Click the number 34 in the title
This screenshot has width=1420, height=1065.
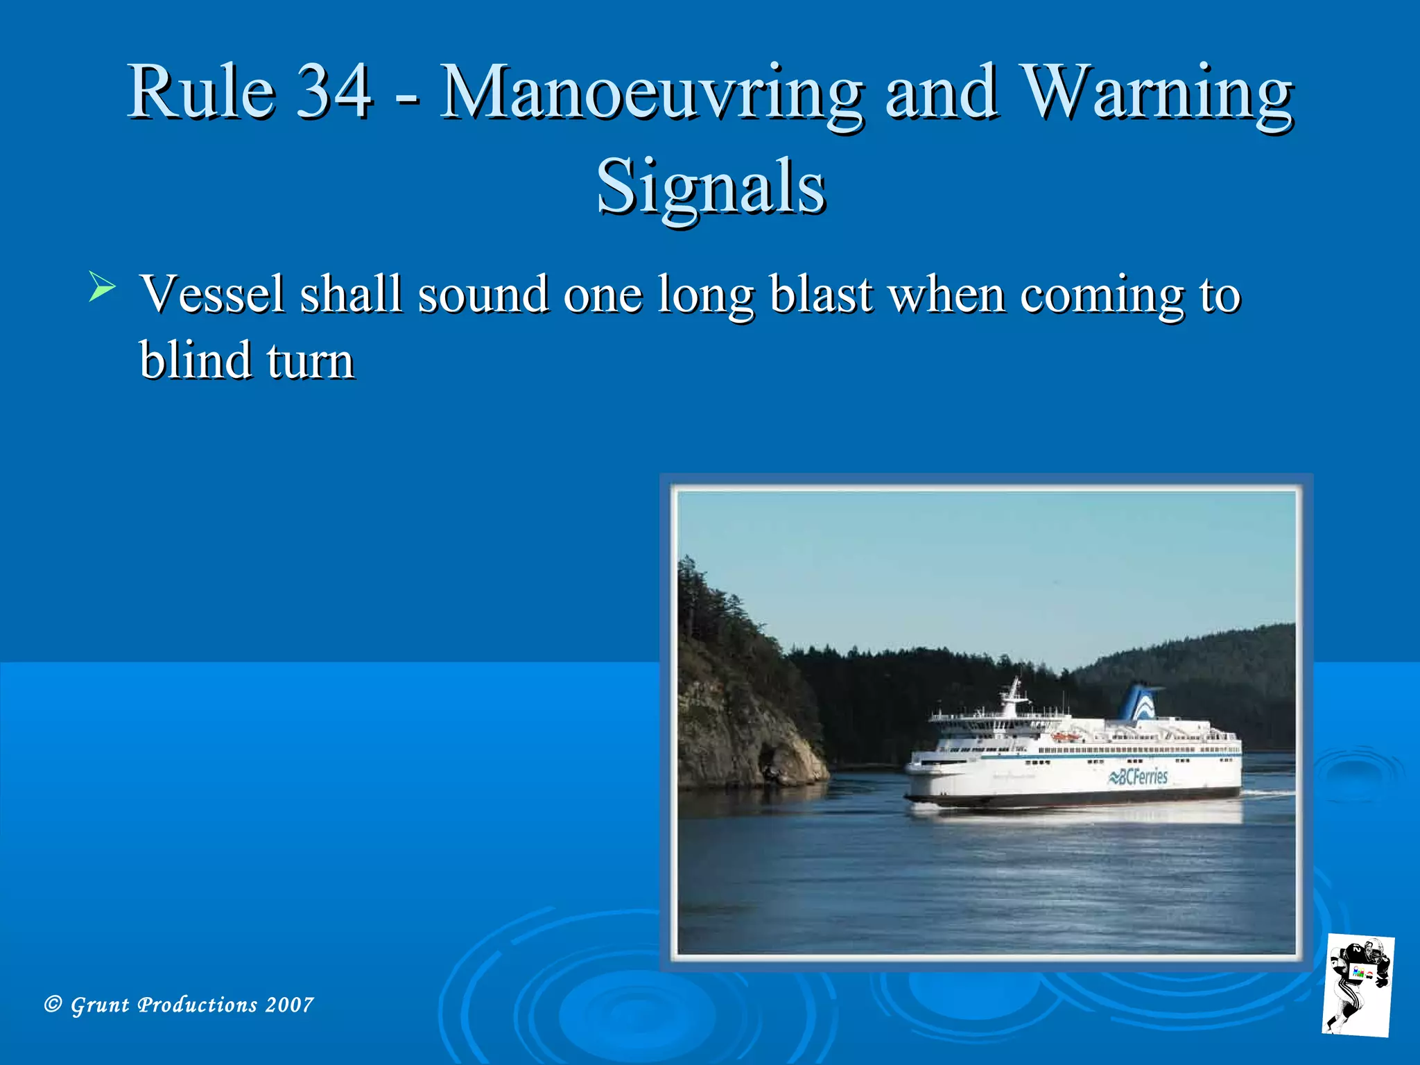(x=334, y=92)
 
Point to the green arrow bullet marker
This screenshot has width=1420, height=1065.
(x=102, y=287)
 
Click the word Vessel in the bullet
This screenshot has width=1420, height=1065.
(x=212, y=294)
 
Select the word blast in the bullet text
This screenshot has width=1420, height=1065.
(x=821, y=294)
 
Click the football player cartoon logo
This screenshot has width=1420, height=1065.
(x=1358, y=985)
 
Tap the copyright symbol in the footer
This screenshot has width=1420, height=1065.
(x=53, y=1004)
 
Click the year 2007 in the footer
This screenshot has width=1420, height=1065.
(x=289, y=1005)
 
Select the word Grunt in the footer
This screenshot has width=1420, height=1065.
(x=100, y=1005)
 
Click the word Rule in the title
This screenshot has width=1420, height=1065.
(x=202, y=92)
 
